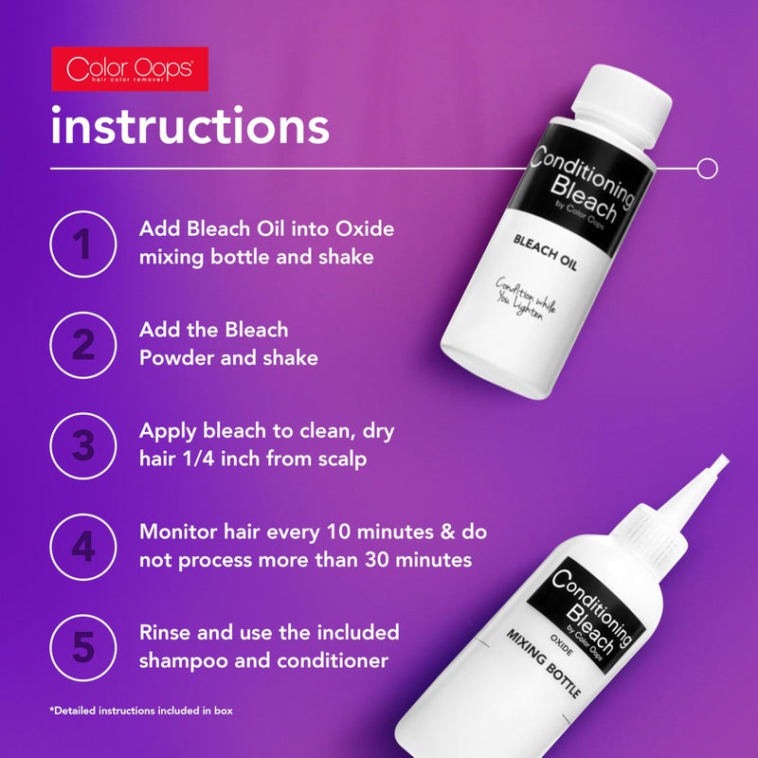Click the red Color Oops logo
click(130, 68)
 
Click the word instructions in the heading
click(189, 127)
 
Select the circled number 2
click(84, 344)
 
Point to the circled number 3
click(84, 443)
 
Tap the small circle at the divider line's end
click(706, 169)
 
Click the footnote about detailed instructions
click(142, 710)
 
